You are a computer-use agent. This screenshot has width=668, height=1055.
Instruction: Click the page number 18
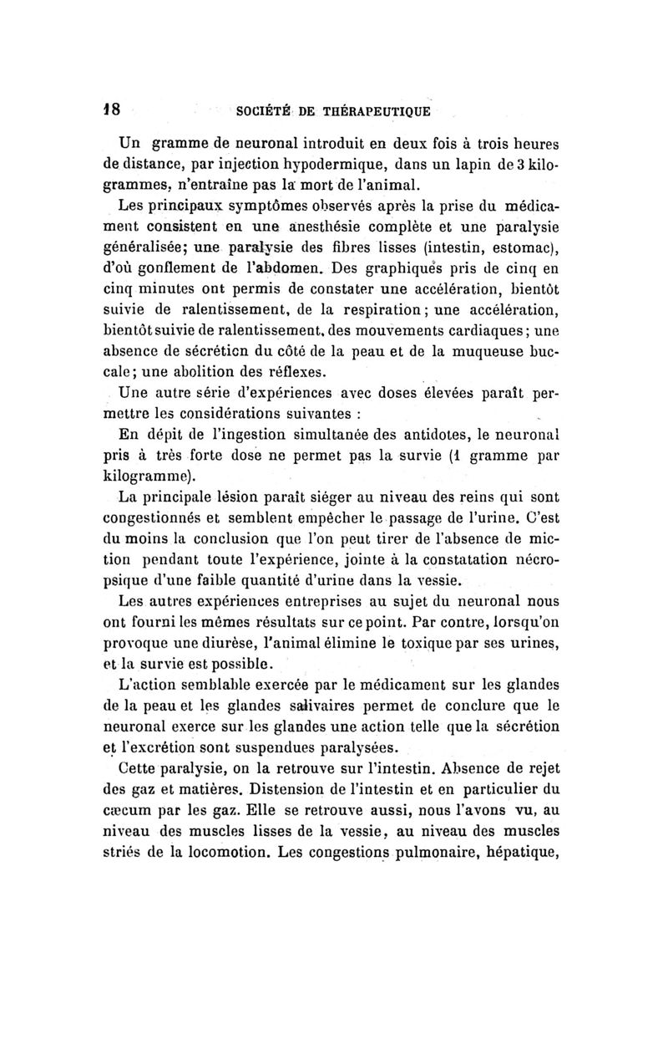111,110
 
